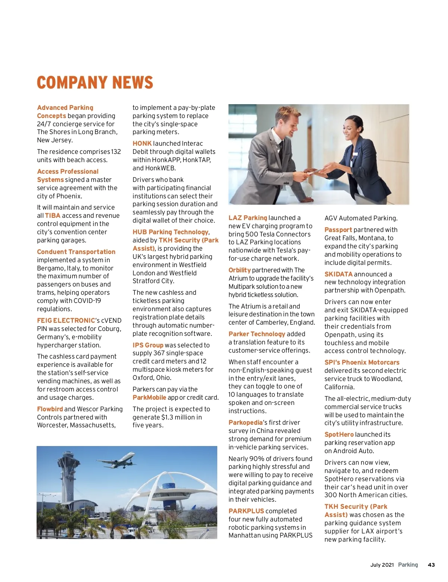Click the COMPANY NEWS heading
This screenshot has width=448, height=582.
[x=95, y=83]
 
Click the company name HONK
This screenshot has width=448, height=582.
[x=142, y=143]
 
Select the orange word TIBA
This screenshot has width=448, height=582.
[x=53, y=216]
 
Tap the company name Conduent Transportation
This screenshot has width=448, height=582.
[x=76, y=252]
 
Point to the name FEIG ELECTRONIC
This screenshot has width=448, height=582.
[x=66, y=321]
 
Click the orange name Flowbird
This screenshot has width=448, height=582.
[x=50, y=409]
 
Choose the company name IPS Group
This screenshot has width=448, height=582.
[x=148, y=345]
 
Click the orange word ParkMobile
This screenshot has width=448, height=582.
[x=149, y=397]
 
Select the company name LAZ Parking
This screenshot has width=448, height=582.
[x=248, y=218]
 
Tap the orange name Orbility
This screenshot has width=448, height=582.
[x=240, y=270]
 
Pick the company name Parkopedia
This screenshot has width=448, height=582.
[x=246, y=422]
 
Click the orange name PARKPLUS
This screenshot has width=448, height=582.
[x=246, y=511]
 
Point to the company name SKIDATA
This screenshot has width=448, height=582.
[x=338, y=274]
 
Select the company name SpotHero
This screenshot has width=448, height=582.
[x=339, y=434]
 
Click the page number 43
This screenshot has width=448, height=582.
[x=431, y=565]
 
